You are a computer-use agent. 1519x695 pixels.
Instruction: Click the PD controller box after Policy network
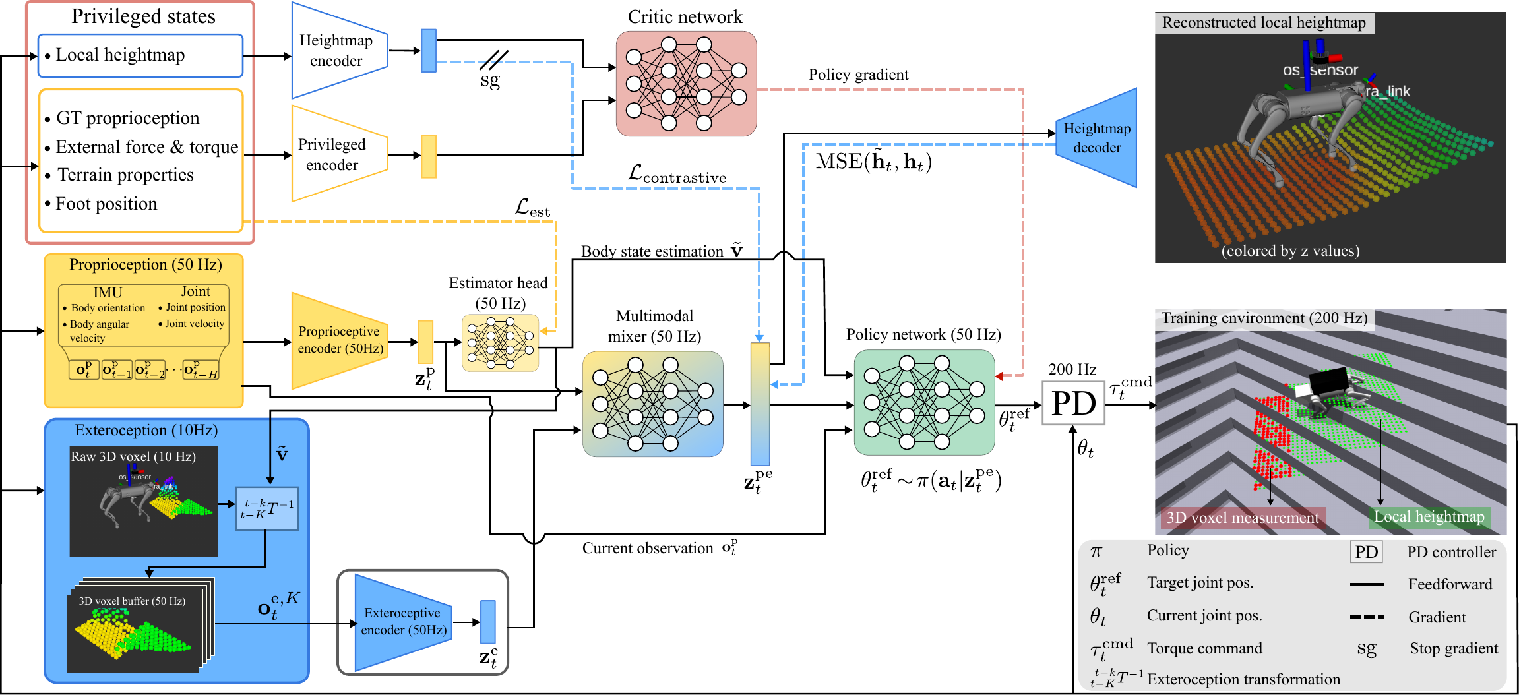pyautogui.click(x=1073, y=403)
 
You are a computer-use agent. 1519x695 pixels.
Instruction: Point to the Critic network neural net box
pyautogui.click(x=686, y=84)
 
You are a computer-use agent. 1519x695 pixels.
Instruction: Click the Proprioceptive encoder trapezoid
pyautogui.click(x=339, y=340)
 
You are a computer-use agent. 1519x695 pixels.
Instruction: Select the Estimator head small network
pyautogui.click(x=501, y=343)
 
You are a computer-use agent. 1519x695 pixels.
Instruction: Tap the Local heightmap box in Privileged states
pyautogui.click(x=140, y=55)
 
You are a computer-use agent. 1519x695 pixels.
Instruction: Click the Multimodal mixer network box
pyautogui.click(x=652, y=404)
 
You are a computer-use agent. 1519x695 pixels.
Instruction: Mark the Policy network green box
pyautogui.click(x=923, y=402)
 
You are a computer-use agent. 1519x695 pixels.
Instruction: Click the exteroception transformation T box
pyautogui.click(x=267, y=508)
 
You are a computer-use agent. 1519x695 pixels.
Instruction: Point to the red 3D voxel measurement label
pyautogui.click(x=1243, y=518)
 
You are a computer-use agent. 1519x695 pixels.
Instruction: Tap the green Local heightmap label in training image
pyautogui.click(x=1429, y=517)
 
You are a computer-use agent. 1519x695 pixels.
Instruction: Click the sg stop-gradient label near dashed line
pyautogui.click(x=490, y=81)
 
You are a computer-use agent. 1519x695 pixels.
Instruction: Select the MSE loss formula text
pyautogui.click(x=873, y=162)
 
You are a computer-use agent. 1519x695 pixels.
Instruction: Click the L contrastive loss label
pyautogui.click(x=677, y=175)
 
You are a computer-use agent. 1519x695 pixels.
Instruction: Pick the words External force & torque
pyautogui.click(x=146, y=147)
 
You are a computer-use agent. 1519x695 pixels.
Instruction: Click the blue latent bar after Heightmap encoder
pyautogui.click(x=429, y=51)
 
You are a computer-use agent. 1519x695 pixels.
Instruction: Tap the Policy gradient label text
pyautogui.click(x=858, y=75)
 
